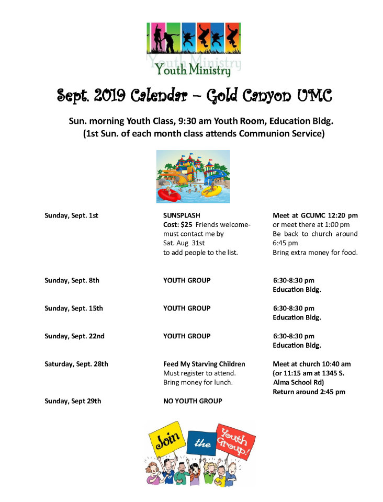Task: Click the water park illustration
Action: click(193, 176)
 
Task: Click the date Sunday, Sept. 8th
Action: click(72, 280)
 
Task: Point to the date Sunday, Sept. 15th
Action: click(73, 308)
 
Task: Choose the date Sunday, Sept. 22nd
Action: click(74, 336)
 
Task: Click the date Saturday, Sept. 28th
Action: click(76, 364)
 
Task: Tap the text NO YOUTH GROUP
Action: click(193, 401)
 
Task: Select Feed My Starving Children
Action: click(204, 364)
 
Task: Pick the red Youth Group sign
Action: click(235, 438)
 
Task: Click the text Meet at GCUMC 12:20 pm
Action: click(315, 215)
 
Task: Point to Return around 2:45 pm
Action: click(309, 392)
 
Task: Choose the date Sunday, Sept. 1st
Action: click(71, 215)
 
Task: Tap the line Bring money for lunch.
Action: click(198, 382)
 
